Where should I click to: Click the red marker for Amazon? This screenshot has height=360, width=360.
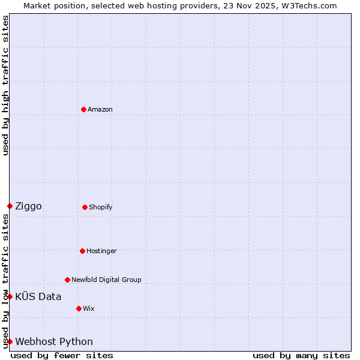tap(83, 109)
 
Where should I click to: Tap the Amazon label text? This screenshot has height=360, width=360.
tap(100, 110)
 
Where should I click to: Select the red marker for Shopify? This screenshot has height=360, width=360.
tap(85, 207)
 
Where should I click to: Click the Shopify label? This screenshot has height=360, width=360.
tap(101, 208)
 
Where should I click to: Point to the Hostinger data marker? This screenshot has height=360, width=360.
tap(82, 251)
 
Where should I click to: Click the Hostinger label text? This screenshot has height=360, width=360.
tap(101, 251)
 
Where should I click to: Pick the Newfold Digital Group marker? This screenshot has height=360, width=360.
tap(67, 280)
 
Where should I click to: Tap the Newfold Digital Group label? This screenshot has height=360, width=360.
tap(106, 280)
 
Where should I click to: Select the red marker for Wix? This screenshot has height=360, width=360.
tap(79, 308)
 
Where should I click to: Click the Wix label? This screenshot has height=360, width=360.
tap(89, 309)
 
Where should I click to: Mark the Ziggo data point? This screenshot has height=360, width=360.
tap(10, 206)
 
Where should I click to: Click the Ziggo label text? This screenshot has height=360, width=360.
tap(28, 206)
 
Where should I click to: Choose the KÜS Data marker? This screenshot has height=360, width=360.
tap(10, 296)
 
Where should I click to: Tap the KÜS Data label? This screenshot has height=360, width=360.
tap(38, 296)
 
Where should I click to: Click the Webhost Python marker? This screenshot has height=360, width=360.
tap(10, 341)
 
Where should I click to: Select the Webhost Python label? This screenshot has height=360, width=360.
tap(54, 342)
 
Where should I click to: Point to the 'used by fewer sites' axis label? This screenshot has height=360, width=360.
tap(62, 356)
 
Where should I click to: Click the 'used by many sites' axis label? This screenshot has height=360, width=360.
tap(301, 356)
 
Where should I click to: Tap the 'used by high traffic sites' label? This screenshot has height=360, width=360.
tap(6, 85)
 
